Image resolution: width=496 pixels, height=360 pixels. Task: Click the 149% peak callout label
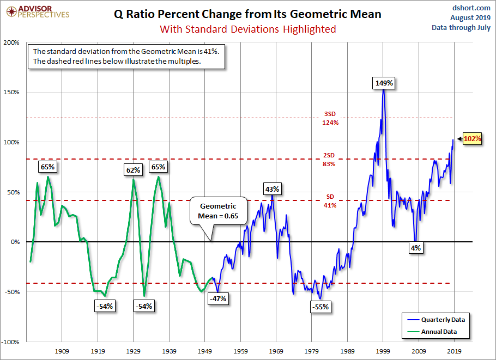(x=384, y=83)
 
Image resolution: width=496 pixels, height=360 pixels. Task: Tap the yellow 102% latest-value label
(x=473, y=139)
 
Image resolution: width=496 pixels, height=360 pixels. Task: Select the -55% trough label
(x=320, y=307)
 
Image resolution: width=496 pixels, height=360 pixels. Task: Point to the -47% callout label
(x=218, y=298)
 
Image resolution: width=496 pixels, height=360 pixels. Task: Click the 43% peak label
(x=272, y=189)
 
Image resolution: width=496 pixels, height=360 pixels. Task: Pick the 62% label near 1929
(x=133, y=170)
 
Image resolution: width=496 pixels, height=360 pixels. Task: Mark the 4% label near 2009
(x=416, y=248)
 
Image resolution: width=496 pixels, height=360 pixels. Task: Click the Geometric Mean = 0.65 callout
(x=218, y=211)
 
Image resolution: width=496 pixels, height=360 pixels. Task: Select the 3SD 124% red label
(x=330, y=118)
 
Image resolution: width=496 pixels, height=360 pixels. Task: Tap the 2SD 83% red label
(x=330, y=159)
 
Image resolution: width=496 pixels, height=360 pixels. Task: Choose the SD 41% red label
(x=330, y=201)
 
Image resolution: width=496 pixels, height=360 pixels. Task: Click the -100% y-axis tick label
(x=10, y=342)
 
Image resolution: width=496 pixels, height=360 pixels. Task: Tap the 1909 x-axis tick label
(x=62, y=351)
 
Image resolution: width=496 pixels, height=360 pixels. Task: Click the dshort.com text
(x=472, y=8)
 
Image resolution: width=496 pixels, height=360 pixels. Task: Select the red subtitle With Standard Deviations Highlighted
(x=247, y=29)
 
